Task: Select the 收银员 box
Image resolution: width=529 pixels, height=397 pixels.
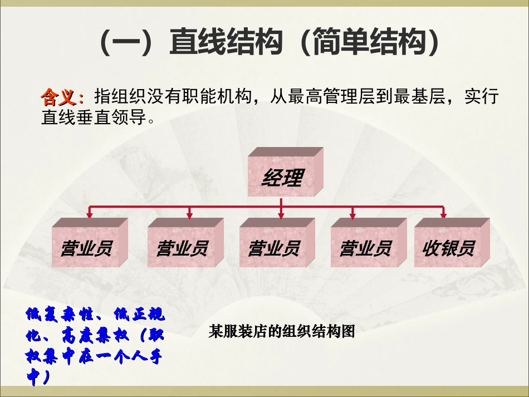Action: point(448,247)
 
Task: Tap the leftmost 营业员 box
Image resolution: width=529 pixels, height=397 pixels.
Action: point(86,247)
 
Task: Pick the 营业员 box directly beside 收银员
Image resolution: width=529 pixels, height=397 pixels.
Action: point(365,247)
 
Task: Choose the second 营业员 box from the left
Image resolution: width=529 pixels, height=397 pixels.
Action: point(182,247)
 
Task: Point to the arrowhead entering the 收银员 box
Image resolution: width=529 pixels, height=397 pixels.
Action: point(443,214)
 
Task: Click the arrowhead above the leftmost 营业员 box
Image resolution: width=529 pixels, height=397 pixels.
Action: point(89,214)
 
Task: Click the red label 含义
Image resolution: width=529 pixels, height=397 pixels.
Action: point(61,97)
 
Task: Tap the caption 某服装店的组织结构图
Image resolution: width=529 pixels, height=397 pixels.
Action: point(281,332)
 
